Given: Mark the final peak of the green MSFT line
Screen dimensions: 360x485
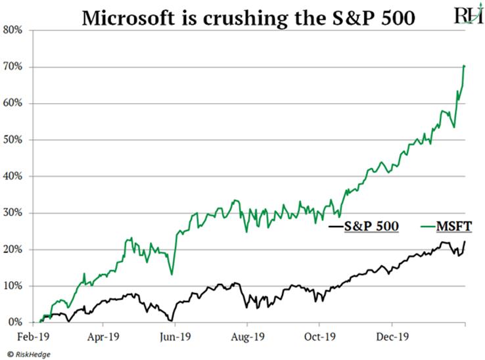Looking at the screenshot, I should (465, 66).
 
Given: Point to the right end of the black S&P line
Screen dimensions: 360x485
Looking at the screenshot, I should (465, 242).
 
